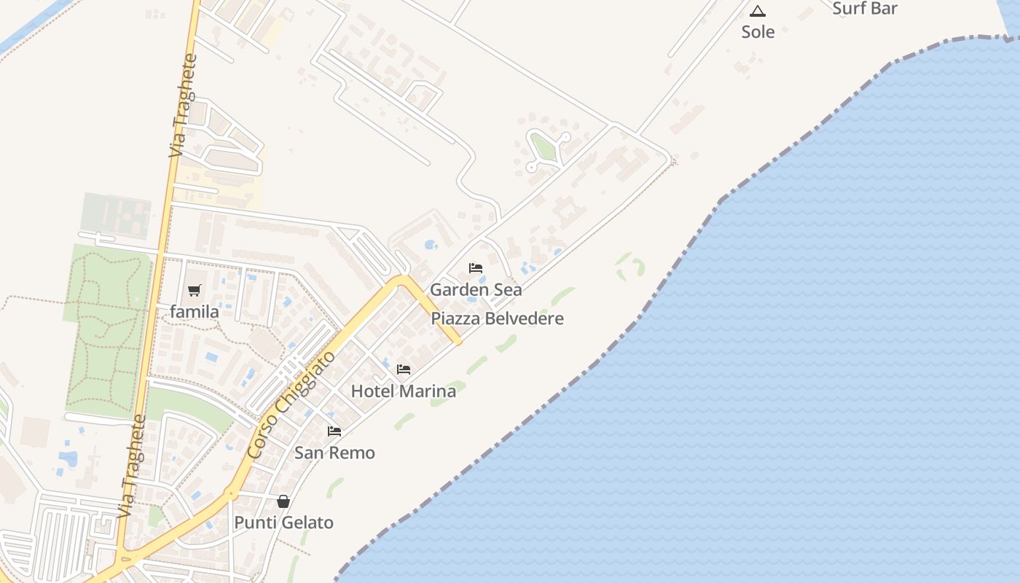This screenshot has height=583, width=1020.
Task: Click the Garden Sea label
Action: (476, 289)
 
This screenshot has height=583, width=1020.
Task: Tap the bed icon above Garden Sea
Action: (476, 268)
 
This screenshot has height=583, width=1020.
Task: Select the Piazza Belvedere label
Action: (497, 318)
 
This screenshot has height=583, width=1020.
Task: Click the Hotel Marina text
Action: (404, 391)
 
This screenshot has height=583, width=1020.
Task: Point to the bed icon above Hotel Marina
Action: (404, 369)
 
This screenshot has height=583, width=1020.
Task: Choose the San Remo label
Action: (334, 453)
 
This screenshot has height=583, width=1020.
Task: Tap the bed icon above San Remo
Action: (334, 431)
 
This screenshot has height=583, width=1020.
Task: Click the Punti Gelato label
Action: (283, 523)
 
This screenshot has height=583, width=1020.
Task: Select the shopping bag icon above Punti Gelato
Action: (283, 501)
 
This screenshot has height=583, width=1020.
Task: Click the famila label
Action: (195, 312)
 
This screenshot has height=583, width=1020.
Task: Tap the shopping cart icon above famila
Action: (194, 291)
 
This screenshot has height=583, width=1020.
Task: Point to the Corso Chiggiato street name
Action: (291, 404)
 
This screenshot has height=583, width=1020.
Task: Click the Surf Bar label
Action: (865, 9)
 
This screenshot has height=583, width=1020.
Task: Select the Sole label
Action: (758, 32)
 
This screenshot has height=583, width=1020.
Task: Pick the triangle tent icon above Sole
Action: (758, 11)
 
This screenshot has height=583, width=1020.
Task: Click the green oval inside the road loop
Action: (544, 148)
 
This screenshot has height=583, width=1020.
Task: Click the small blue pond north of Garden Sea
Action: (431, 245)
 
